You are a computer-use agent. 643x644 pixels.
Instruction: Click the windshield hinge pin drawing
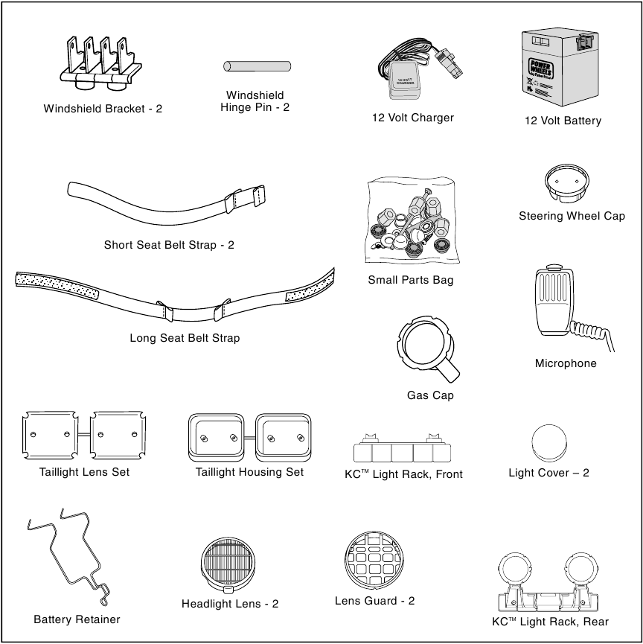tap(257, 66)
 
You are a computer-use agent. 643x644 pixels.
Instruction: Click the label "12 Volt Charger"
tap(412, 118)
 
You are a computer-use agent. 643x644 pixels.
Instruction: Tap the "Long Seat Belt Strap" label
tap(185, 338)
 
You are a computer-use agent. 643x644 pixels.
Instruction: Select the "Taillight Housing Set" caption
tap(249, 472)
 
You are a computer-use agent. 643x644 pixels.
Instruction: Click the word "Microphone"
tap(566, 364)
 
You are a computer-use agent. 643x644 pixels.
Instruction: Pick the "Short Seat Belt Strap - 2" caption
tap(169, 245)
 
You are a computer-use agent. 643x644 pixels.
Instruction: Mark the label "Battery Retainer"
tap(77, 619)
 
